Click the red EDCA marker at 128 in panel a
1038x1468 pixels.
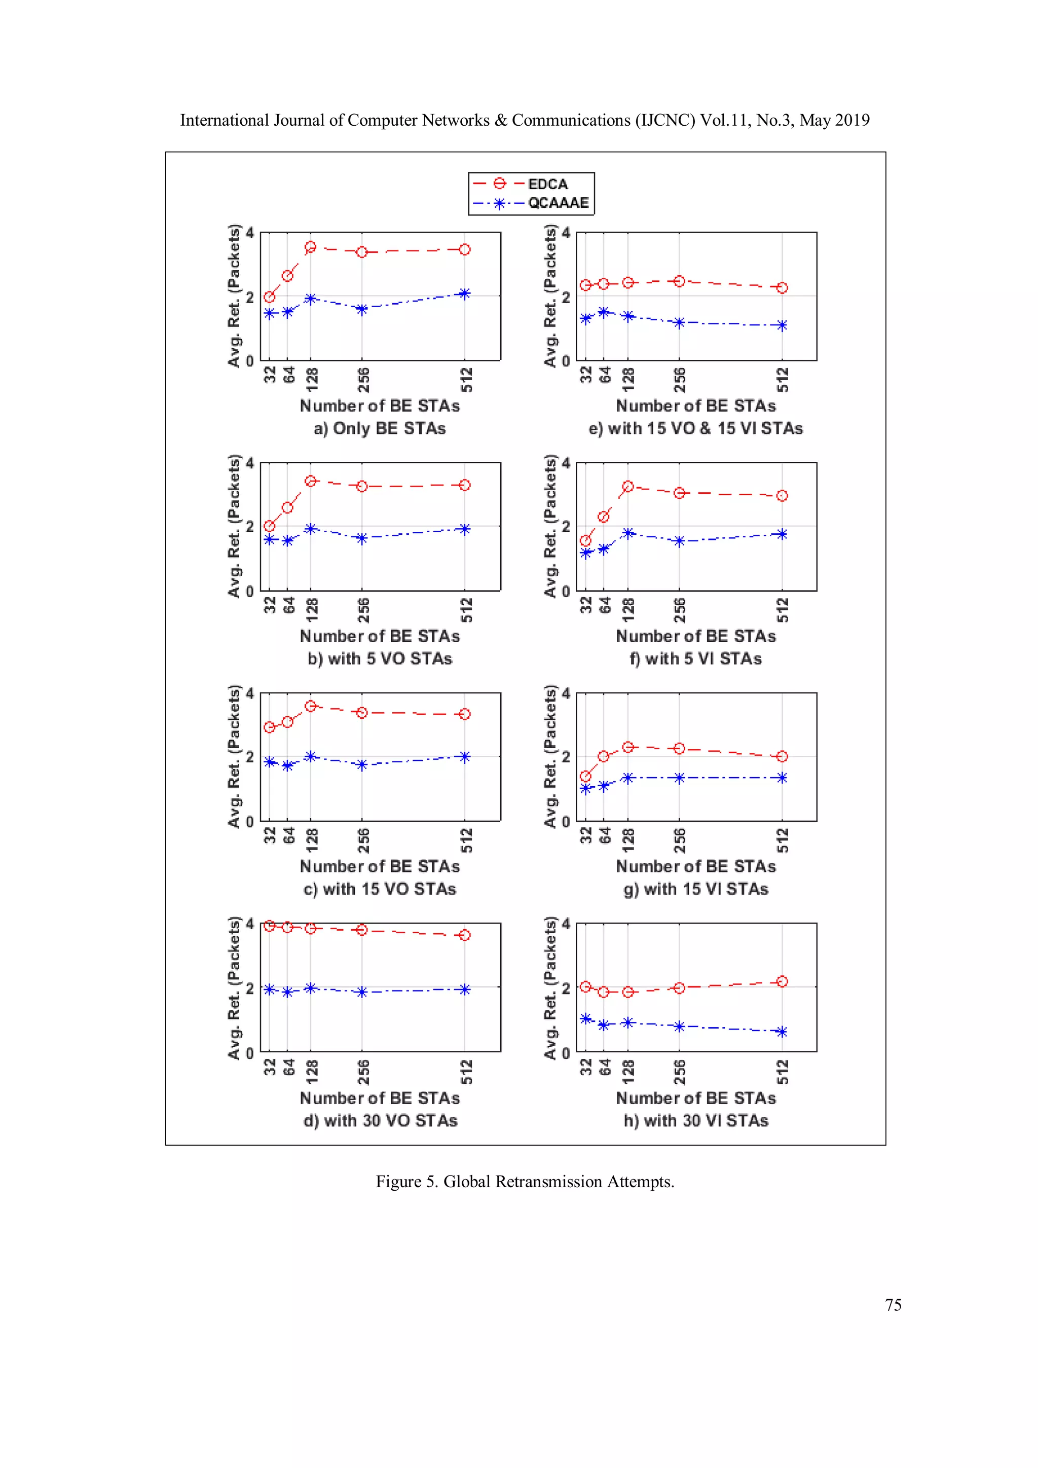click(x=311, y=247)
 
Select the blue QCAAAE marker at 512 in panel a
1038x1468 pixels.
click(x=465, y=293)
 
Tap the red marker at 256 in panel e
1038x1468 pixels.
click(x=680, y=281)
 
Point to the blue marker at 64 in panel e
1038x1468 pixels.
click(x=603, y=312)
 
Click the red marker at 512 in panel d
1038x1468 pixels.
click(x=465, y=935)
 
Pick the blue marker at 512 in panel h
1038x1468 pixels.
click(x=782, y=1032)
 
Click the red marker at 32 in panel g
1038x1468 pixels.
click(x=585, y=776)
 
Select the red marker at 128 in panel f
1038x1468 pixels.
click(x=627, y=487)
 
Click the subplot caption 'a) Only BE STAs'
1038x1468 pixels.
click(x=380, y=428)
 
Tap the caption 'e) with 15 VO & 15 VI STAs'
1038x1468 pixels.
click(x=695, y=428)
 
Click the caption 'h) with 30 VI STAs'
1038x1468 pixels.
click(x=695, y=1120)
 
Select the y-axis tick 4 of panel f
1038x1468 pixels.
click(x=566, y=463)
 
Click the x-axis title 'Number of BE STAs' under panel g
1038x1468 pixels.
click(x=695, y=866)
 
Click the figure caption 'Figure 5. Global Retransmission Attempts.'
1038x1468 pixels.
click(x=525, y=1182)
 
